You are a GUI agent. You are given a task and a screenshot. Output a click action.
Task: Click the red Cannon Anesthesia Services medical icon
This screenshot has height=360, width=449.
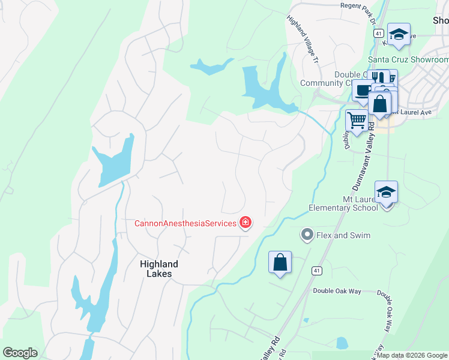245,223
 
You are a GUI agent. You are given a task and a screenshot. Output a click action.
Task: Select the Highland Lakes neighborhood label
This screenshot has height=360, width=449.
159,268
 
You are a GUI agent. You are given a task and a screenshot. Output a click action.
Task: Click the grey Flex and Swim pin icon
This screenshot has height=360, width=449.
307,235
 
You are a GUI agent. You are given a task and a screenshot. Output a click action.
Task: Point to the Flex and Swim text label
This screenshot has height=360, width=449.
343,235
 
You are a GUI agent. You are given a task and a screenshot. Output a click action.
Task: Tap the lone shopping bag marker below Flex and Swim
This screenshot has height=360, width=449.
280,263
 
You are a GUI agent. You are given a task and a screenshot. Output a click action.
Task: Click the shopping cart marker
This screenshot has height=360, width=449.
357,120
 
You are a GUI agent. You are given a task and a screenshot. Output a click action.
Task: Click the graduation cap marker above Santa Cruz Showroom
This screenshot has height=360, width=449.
398,34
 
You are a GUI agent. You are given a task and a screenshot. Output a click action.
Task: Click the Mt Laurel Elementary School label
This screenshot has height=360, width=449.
343,203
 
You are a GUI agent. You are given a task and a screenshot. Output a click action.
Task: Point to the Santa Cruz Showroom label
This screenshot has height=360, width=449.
408,60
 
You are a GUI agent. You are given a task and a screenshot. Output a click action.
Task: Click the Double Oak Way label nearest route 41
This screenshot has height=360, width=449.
337,291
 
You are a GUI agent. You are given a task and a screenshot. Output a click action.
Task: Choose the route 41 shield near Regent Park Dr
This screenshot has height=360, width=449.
378,34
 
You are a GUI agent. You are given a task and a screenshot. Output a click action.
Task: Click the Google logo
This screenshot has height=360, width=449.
20,353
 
